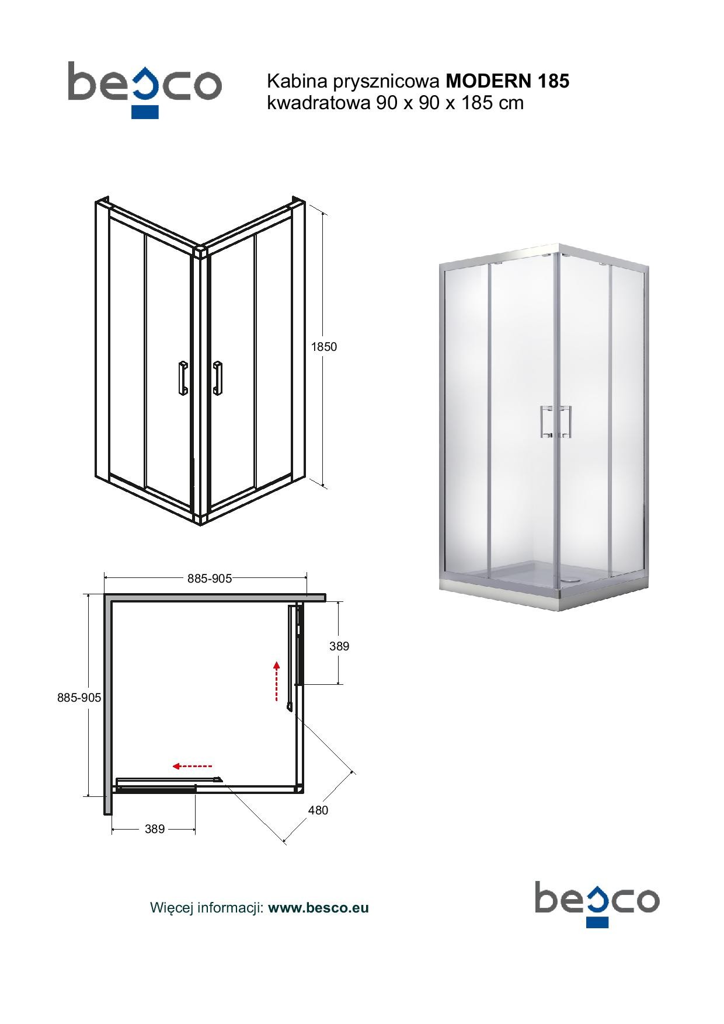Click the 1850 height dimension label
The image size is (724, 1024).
[x=324, y=346]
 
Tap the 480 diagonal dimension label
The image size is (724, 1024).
[x=318, y=810]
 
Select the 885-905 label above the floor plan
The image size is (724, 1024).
[x=210, y=578]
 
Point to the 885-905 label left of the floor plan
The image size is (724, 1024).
[x=79, y=697]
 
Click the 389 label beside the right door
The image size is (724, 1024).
[x=339, y=646]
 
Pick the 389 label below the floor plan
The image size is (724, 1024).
[x=155, y=828]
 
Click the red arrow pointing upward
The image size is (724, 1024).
[x=277, y=681]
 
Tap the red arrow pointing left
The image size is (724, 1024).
[x=192, y=765]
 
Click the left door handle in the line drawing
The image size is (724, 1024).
[x=183, y=378]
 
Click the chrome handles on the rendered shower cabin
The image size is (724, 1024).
[x=555, y=421]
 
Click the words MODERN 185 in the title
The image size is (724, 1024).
[x=507, y=81]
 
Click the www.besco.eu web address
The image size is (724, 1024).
[x=318, y=908]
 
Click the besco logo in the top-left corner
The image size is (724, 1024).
[x=145, y=85]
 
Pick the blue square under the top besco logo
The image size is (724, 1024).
[x=145, y=112]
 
